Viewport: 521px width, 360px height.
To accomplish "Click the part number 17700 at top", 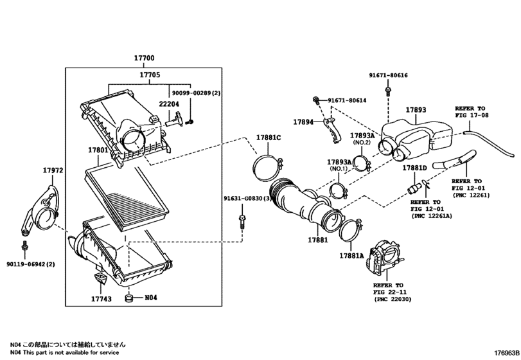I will (x=144, y=59).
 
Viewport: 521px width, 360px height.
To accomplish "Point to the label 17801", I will (x=98, y=150).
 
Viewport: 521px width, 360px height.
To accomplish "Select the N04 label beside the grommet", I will (x=150, y=298).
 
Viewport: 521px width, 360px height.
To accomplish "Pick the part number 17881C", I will (x=269, y=138).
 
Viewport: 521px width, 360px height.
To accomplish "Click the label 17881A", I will (x=351, y=256).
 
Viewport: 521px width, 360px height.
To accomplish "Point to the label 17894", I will (x=303, y=122).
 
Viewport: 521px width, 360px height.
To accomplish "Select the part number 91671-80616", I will (x=388, y=75).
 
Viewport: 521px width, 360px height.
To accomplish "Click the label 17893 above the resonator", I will (x=415, y=110).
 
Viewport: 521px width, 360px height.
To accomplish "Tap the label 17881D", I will (x=415, y=167).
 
